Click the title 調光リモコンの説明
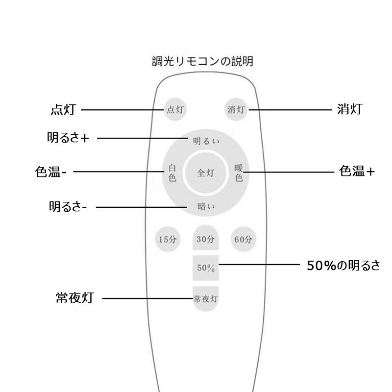[202, 62]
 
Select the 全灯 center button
[205, 173]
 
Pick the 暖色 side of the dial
[239, 173]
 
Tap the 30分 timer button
[205, 239]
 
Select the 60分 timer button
[244, 239]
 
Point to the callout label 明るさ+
[68, 138]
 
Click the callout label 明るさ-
[68, 207]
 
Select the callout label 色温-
[51, 172]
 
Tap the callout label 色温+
[357, 171]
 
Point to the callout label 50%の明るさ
[343, 265]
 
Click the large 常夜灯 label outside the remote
[74, 297]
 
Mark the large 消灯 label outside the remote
[349, 109]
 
